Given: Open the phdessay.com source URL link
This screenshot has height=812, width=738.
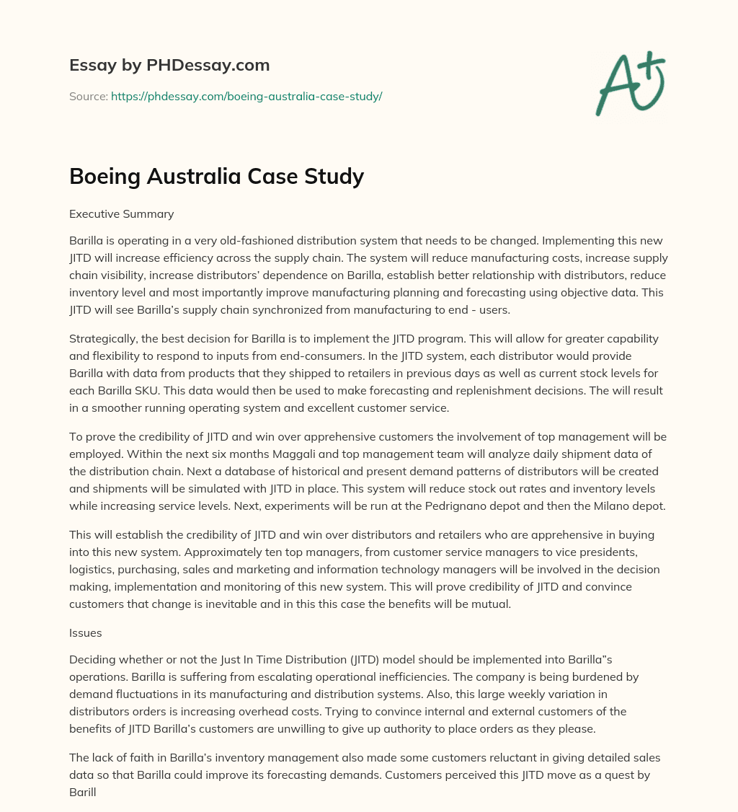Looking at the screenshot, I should tap(246, 96).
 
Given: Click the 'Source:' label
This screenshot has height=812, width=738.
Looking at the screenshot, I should tap(88, 96).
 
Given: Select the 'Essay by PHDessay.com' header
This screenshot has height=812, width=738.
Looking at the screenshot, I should tap(169, 65).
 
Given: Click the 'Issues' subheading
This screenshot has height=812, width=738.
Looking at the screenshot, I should tap(85, 632).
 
